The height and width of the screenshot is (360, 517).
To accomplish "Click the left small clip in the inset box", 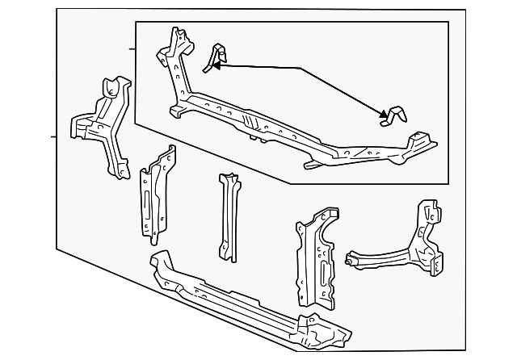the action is [x=214, y=58].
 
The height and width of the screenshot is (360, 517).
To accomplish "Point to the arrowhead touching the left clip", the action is [x=216, y=68].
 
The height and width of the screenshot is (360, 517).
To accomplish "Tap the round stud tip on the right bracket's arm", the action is [x=348, y=259].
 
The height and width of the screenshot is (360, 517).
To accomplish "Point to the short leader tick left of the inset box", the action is [x=132, y=49].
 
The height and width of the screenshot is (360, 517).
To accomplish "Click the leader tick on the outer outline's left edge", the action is [x=53, y=136].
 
